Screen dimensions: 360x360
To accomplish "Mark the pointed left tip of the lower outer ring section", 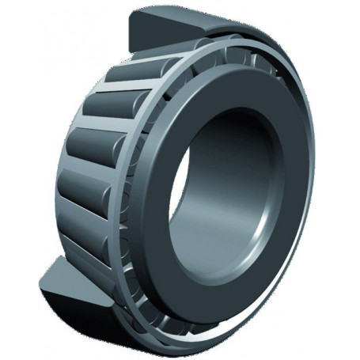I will [x=40, y=274].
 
